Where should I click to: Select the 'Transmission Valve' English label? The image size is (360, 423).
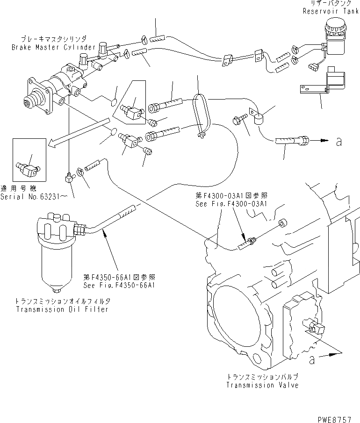(x=262, y=385)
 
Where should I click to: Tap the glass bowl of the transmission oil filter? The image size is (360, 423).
(x=55, y=264)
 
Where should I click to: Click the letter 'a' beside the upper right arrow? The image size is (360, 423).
(x=338, y=142)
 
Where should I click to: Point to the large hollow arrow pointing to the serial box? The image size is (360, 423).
(x=75, y=134)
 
